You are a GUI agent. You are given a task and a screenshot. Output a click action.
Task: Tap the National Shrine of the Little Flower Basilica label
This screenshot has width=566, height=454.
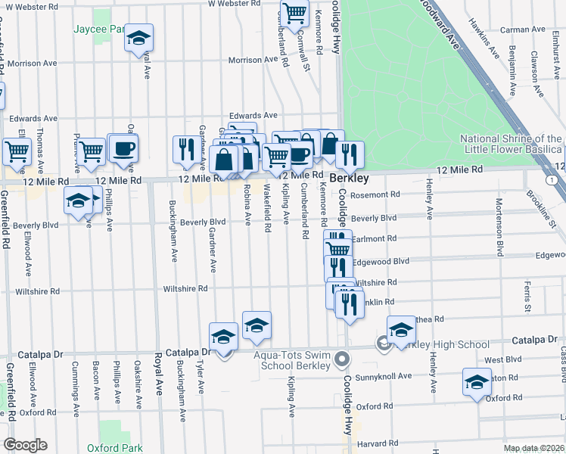coord(512,144)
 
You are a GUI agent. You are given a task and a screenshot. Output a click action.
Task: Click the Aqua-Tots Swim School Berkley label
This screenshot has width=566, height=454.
coord(292,360)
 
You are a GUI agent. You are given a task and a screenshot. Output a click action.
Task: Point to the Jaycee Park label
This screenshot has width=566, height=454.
coord(98,30)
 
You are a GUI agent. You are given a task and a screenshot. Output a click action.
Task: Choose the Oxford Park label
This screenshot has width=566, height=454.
coord(114,448)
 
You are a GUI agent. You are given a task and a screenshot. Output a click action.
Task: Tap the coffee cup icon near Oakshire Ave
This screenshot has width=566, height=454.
coord(123,148)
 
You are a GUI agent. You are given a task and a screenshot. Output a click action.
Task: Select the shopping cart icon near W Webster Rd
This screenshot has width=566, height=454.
coord(294,12)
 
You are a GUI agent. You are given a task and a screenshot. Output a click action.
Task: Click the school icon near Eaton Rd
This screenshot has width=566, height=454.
coord(477,383)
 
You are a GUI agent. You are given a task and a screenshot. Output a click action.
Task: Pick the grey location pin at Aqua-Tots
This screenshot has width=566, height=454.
coord(342,358)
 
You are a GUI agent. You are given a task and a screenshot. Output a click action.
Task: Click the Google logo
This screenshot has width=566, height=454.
coord(24,445)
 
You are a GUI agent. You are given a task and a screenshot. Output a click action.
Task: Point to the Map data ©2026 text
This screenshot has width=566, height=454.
coord(534,448)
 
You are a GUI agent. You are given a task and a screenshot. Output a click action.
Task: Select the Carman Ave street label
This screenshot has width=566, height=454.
coord(527,30)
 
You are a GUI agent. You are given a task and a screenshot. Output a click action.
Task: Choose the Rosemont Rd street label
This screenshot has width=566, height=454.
coord(379,194)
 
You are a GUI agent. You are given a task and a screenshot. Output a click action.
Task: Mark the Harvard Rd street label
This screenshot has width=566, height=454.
coord(376,443)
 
